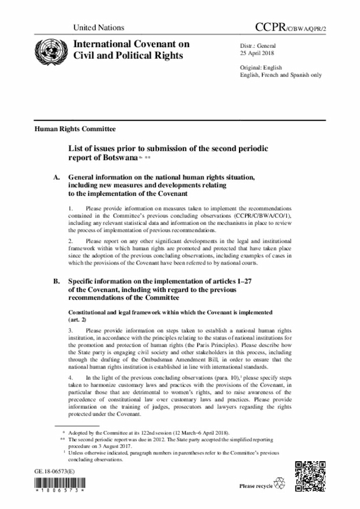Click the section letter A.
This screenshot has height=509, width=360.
point(56,177)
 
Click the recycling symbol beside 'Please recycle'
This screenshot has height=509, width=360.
point(279,484)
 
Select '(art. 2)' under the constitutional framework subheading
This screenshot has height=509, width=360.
point(78,318)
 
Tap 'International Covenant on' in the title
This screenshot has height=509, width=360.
point(128,44)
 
